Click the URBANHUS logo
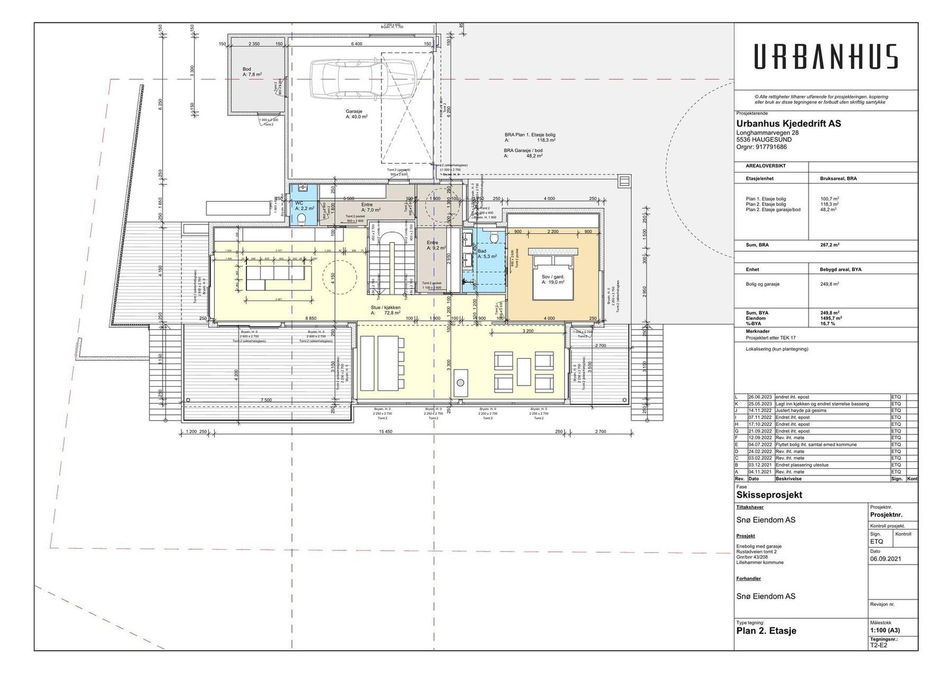(826, 57)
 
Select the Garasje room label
(356, 114)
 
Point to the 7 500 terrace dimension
(266, 400)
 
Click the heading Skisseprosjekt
(769, 494)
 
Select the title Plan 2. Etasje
(766, 631)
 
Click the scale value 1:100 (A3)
(885, 630)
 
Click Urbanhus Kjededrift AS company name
(788, 124)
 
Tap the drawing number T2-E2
(878, 645)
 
